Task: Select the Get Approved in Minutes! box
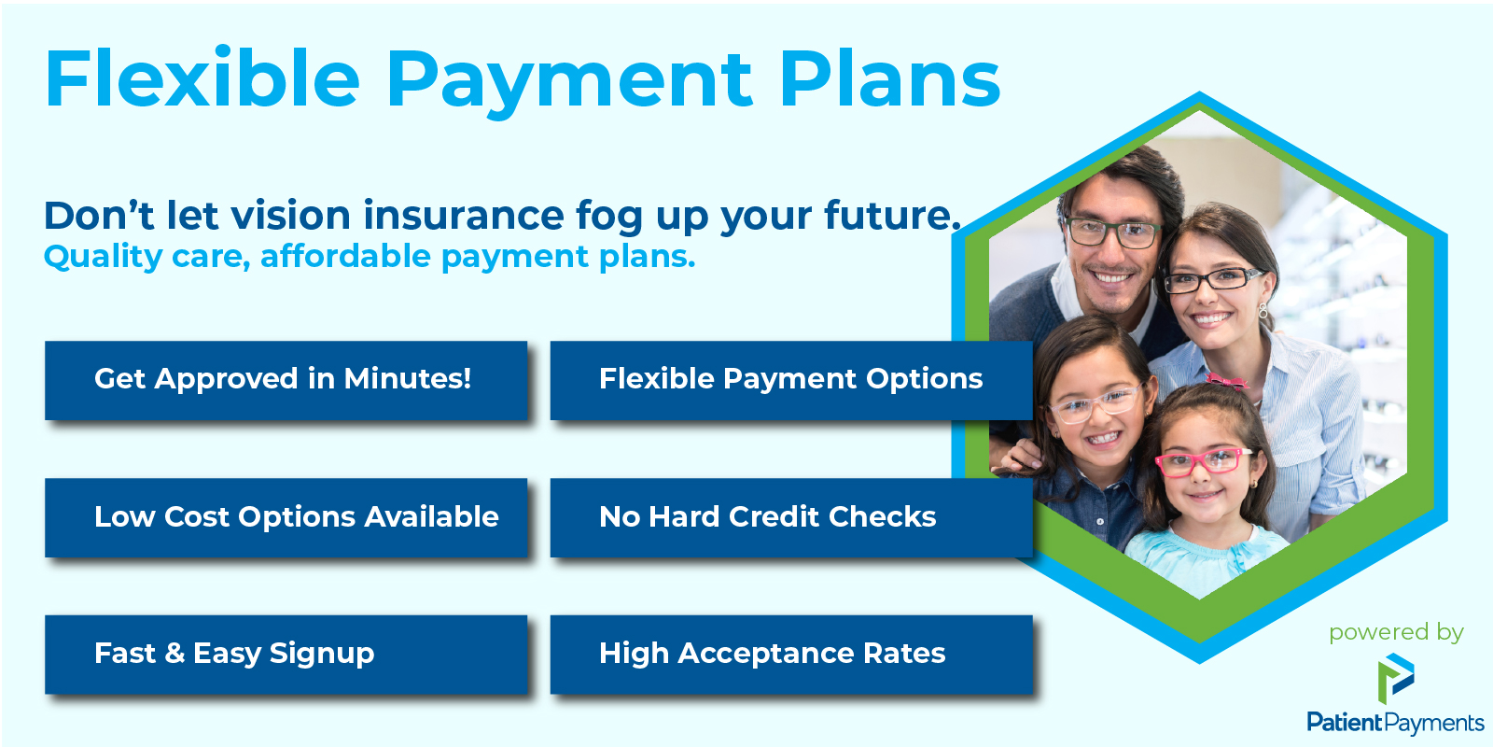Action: (x=286, y=380)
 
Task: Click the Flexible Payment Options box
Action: (x=791, y=380)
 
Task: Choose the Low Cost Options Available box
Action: (x=286, y=517)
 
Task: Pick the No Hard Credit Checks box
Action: (x=791, y=517)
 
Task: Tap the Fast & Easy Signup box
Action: (x=286, y=655)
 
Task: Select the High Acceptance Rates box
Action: (x=791, y=655)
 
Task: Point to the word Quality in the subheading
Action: (x=103, y=258)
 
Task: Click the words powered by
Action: (x=1396, y=633)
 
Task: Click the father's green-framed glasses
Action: (x=1111, y=233)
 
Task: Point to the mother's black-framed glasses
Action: (x=1213, y=280)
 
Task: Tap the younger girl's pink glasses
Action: (x=1203, y=462)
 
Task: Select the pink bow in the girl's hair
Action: (x=1226, y=382)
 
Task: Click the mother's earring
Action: (x=1263, y=310)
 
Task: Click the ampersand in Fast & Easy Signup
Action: (x=174, y=654)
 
